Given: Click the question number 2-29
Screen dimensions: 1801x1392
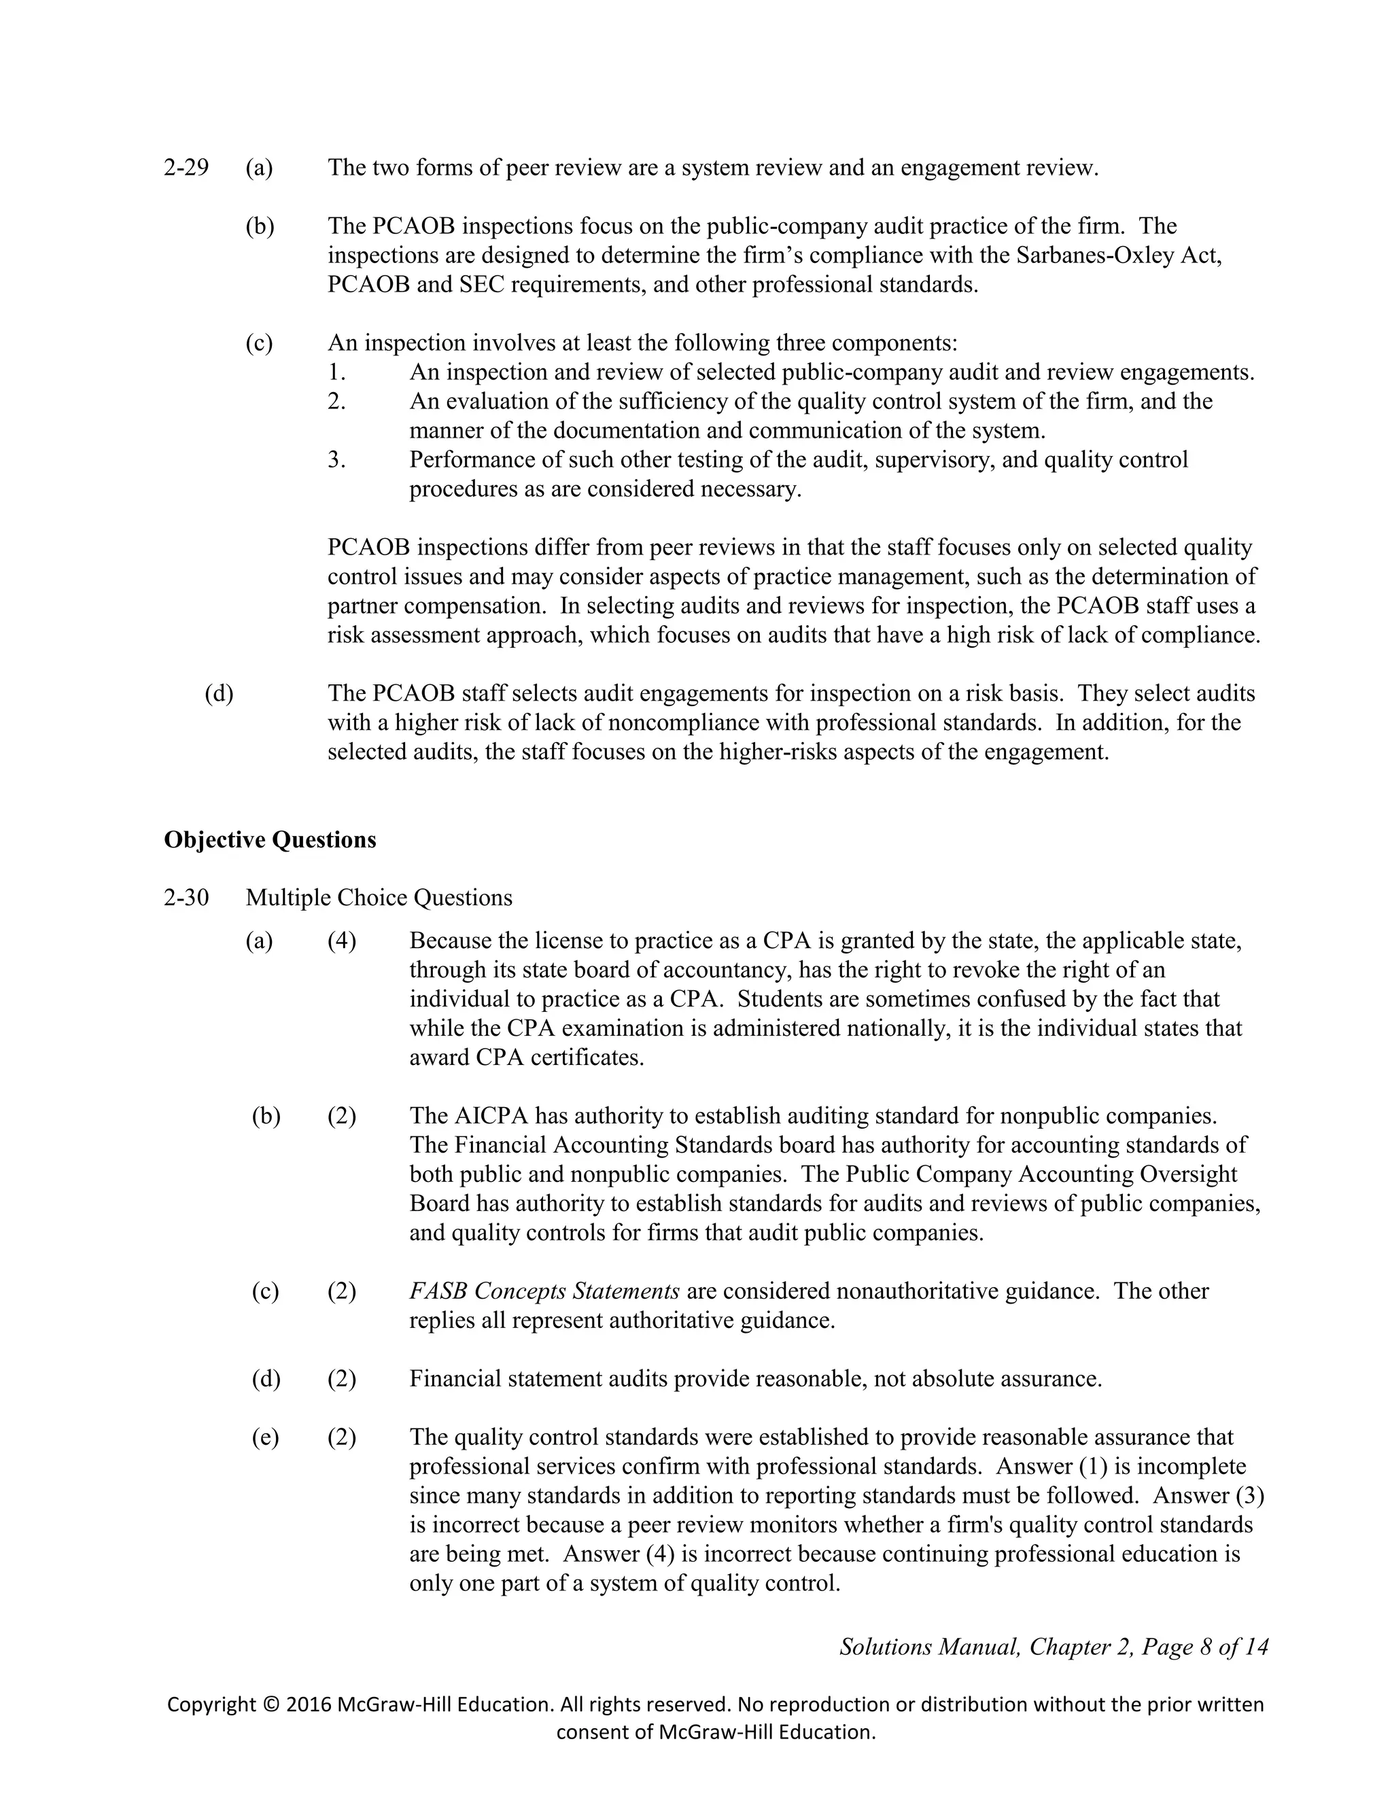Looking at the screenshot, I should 186,169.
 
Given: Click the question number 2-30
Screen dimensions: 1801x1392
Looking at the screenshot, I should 186,897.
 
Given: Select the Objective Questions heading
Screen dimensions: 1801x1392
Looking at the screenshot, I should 270,839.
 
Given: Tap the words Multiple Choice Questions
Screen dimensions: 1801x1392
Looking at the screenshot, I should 379,897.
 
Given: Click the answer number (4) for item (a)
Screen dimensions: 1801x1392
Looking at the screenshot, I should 341,941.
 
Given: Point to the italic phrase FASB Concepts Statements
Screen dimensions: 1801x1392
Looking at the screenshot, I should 544,1291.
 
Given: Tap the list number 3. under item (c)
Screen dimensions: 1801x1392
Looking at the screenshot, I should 336,460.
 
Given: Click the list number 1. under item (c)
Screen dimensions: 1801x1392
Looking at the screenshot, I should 336,372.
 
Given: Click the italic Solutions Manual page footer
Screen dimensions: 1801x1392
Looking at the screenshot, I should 1053,1647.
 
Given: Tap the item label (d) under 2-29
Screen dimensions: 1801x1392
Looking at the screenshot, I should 219,693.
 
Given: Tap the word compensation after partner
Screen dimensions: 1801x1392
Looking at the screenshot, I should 475,606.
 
